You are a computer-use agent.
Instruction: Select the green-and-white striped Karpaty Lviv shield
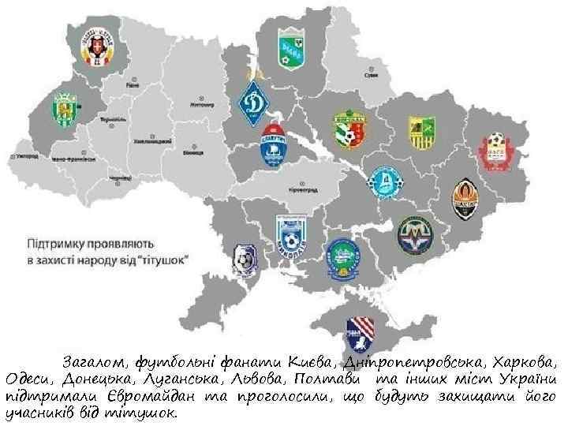click(64, 110)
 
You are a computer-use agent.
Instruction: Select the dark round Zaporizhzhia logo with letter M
click(414, 234)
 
